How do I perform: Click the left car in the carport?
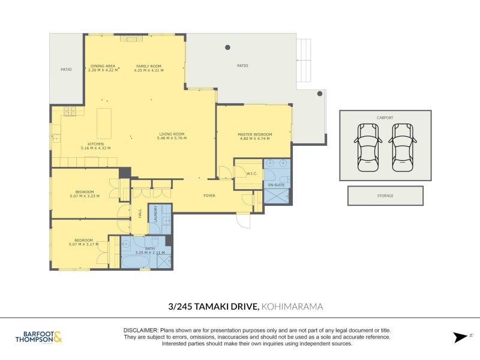click(368, 148)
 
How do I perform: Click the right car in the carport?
click(402, 148)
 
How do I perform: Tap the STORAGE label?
click(385, 196)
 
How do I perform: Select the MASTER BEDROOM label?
click(254, 134)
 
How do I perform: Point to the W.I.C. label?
click(251, 173)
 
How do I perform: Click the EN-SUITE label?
click(276, 185)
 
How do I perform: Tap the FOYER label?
click(209, 196)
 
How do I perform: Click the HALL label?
click(140, 213)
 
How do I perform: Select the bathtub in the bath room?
click(135, 262)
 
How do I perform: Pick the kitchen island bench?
click(104, 124)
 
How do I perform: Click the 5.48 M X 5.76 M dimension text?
click(172, 138)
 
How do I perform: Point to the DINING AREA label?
click(103, 66)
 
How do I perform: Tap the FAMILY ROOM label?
click(149, 66)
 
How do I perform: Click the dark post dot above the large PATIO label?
click(228, 47)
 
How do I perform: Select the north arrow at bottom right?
click(460, 337)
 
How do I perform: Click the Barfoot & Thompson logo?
click(38, 337)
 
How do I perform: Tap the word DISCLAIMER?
click(141, 331)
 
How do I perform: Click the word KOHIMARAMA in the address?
click(292, 307)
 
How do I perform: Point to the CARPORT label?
click(385, 118)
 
